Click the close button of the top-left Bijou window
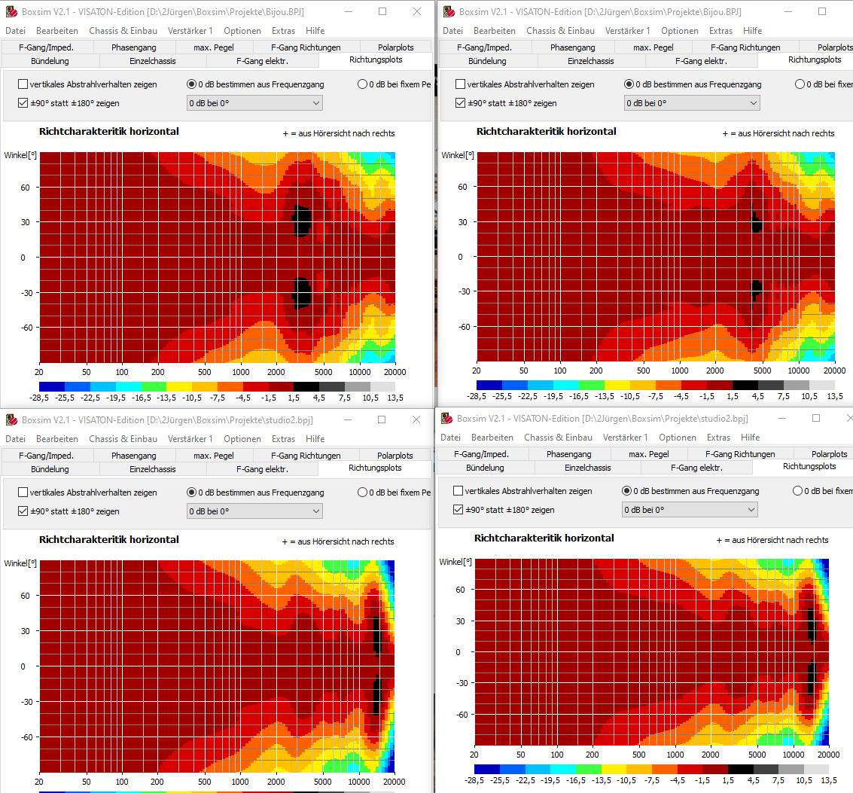[x=416, y=11]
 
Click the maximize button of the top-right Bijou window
[x=822, y=11]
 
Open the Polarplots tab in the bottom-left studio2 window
[x=395, y=455]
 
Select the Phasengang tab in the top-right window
[x=572, y=47]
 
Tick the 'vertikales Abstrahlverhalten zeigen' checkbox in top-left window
[x=23, y=84]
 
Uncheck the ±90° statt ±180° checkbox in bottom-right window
[x=458, y=509]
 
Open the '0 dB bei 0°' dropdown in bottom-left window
[x=254, y=511]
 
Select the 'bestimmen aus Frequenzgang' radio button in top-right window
[x=629, y=84]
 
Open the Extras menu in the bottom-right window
[x=718, y=437]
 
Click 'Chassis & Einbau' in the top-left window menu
[x=123, y=30]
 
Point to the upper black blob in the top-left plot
[x=301, y=221]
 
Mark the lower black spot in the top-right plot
[x=757, y=291]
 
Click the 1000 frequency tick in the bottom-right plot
[x=675, y=755]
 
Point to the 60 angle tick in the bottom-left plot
[x=25, y=596]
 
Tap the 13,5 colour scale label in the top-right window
[x=835, y=396]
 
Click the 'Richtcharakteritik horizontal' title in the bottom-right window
[x=544, y=538]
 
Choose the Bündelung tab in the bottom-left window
[x=50, y=468]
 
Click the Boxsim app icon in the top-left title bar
[x=11, y=11]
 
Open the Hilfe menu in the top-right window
[x=752, y=30]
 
